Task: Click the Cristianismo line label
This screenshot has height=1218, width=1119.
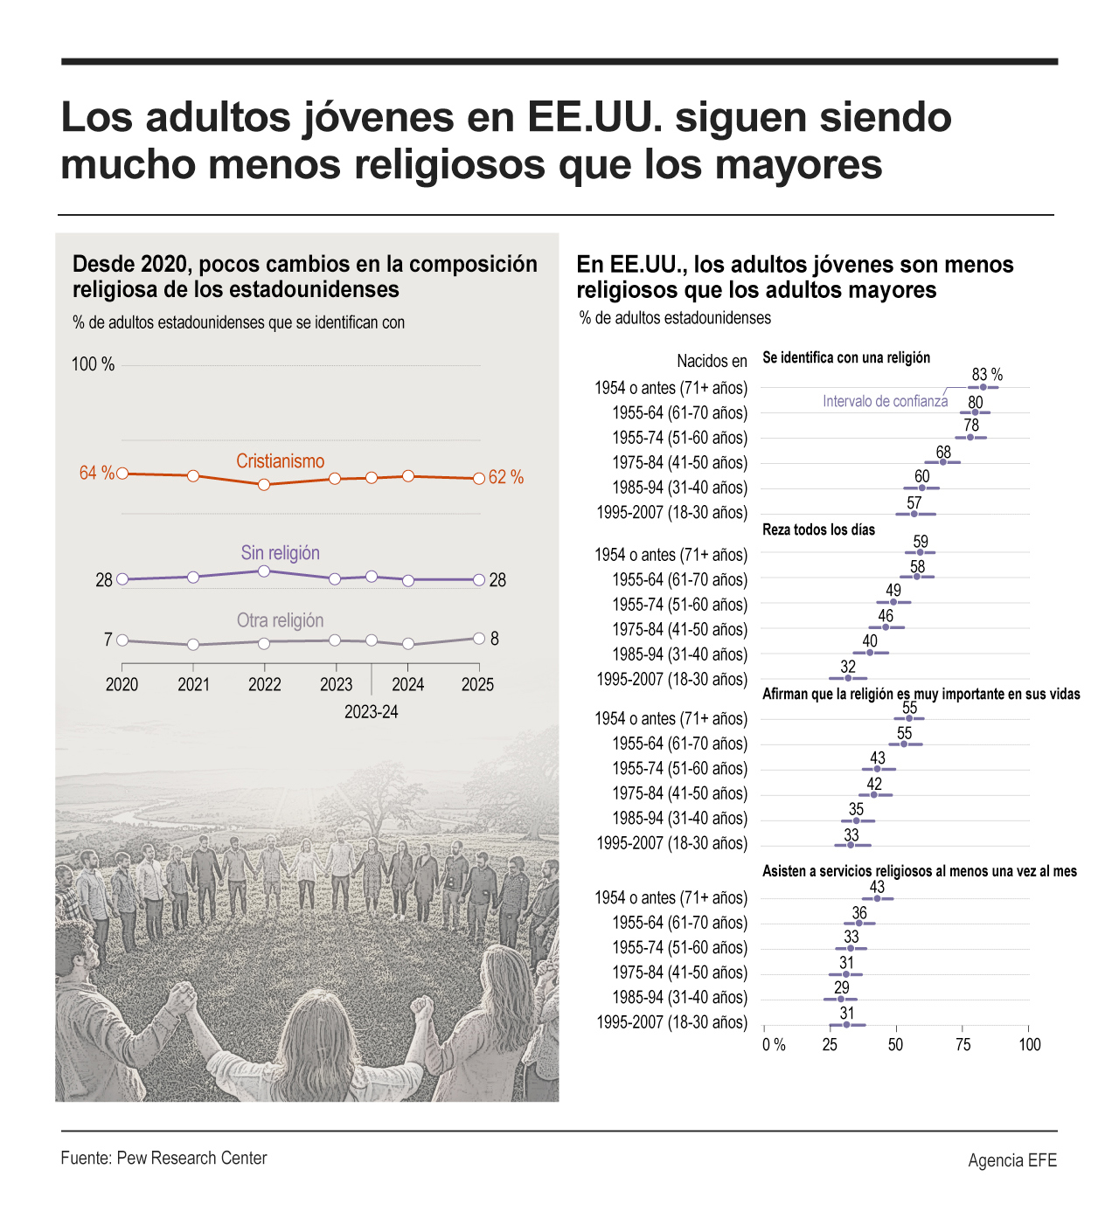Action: (x=280, y=461)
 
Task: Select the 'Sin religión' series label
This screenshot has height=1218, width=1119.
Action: (x=280, y=553)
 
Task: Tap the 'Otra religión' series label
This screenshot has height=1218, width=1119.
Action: (x=280, y=620)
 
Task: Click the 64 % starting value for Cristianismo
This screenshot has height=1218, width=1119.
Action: (x=96, y=473)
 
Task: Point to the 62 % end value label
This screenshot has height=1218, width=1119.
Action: (x=506, y=477)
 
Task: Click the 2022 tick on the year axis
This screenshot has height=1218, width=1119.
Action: (x=264, y=684)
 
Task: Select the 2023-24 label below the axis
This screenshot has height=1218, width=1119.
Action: (x=371, y=712)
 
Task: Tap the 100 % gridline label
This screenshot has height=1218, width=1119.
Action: (x=93, y=364)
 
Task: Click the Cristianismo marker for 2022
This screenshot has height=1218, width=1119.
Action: (x=264, y=484)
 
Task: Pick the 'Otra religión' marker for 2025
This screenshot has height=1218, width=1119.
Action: (x=479, y=639)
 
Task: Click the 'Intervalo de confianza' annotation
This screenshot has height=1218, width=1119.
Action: (x=885, y=401)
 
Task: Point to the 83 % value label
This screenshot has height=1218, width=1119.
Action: (x=987, y=375)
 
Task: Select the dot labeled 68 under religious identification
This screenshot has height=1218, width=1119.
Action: (x=942, y=462)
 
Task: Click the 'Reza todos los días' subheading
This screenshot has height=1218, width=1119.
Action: (x=818, y=529)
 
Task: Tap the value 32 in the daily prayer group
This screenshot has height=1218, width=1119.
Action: (x=848, y=667)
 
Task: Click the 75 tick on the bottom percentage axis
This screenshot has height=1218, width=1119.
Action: (x=963, y=1045)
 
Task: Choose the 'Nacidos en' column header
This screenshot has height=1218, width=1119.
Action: (x=712, y=361)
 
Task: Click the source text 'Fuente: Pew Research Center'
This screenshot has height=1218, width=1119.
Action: (x=163, y=1159)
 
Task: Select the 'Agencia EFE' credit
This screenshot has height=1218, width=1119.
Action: (x=1012, y=1160)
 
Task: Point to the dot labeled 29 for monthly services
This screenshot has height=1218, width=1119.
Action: (x=841, y=999)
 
